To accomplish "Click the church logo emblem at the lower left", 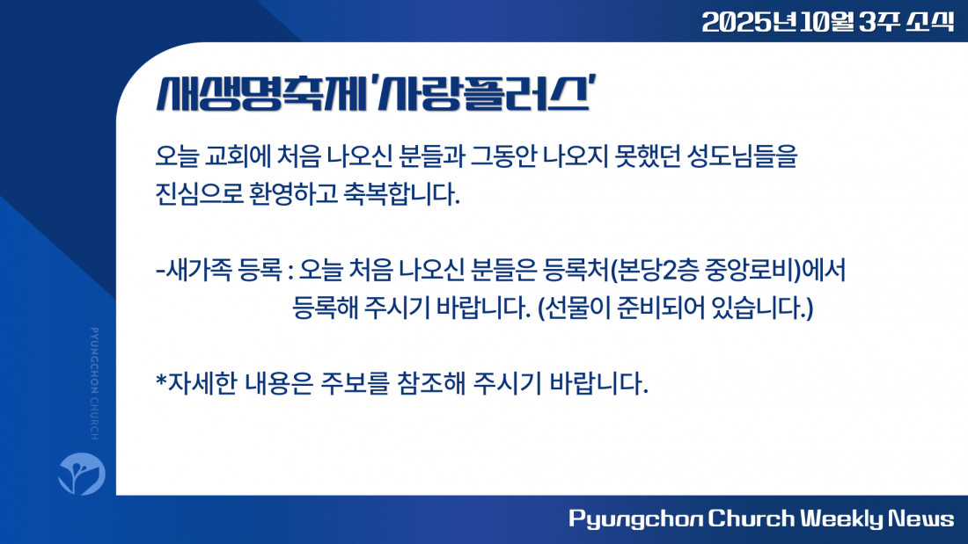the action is [82, 474].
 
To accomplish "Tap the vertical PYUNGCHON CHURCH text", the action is [94, 384].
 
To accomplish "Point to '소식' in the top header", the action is [930, 22].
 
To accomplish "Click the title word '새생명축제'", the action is [261, 94].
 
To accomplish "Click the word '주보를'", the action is [355, 384].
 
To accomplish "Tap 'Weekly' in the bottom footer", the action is [842, 519].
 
